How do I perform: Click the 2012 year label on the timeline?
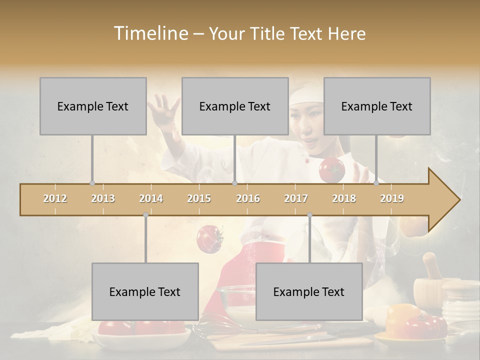pyautogui.click(x=55, y=198)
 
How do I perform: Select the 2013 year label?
pyautogui.click(x=103, y=198)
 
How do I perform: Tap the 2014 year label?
pyautogui.click(x=151, y=198)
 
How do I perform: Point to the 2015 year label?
pyautogui.click(x=199, y=198)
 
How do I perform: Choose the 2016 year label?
pyautogui.click(x=248, y=198)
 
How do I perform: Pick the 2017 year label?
pyautogui.click(x=296, y=198)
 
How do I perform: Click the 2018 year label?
pyautogui.click(x=344, y=198)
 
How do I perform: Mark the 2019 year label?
pyautogui.click(x=392, y=198)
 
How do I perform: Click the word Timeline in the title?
pyautogui.click(x=150, y=33)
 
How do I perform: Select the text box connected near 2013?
pyautogui.click(x=93, y=106)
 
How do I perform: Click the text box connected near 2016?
pyautogui.click(x=235, y=106)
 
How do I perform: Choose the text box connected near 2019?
pyautogui.click(x=377, y=106)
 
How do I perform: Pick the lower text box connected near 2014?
pyautogui.click(x=145, y=291)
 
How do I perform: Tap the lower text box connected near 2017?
pyautogui.click(x=309, y=291)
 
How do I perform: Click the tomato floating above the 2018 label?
pyautogui.click(x=332, y=170)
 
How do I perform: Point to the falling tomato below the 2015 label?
pyautogui.click(x=209, y=238)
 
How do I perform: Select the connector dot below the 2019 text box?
pyautogui.click(x=376, y=183)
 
